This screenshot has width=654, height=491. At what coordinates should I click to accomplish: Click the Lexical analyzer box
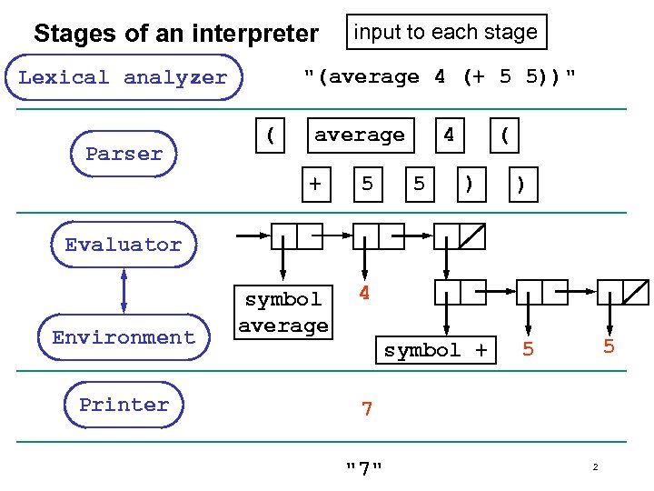click(x=123, y=77)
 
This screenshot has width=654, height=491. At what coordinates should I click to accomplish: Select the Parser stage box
click(x=124, y=154)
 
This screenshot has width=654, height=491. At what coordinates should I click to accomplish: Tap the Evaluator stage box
click(x=124, y=245)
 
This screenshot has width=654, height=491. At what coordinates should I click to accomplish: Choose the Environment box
click(x=124, y=337)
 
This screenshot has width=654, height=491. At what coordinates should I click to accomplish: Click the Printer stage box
click(x=124, y=405)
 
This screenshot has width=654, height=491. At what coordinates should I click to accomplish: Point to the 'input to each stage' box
click(x=445, y=32)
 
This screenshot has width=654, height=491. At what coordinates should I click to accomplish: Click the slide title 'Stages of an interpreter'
click(x=176, y=35)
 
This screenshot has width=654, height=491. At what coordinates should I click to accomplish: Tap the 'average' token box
click(x=360, y=135)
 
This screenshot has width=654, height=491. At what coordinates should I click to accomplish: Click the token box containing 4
click(x=448, y=135)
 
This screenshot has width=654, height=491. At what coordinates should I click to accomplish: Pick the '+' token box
click(x=315, y=184)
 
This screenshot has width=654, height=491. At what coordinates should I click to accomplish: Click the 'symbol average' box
click(x=283, y=312)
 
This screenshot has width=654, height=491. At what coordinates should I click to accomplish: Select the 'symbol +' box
click(x=435, y=350)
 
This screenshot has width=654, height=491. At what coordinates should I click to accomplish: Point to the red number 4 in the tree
click(x=364, y=294)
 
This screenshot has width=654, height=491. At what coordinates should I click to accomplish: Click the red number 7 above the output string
click(x=366, y=409)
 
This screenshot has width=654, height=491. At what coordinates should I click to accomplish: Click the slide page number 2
click(x=595, y=467)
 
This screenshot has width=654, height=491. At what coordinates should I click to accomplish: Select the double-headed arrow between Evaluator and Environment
click(x=124, y=291)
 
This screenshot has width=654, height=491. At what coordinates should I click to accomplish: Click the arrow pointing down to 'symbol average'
click(x=283, y=264)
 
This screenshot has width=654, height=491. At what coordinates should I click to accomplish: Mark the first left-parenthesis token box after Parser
click(x=270, y=135)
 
